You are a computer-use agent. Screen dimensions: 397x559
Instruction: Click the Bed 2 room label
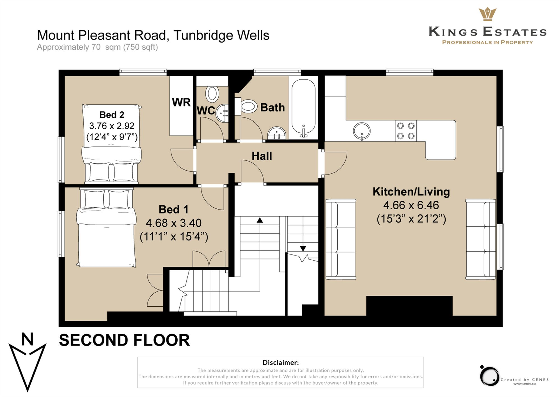(x=112, y=115)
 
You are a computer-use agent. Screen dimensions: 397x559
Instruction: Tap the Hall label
(x=262, y=156)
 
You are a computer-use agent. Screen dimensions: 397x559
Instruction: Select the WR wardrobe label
(x=181, y=102)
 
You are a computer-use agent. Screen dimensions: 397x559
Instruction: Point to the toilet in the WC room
(x=212, y=94)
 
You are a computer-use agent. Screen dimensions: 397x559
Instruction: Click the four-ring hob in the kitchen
(x=406, y=131)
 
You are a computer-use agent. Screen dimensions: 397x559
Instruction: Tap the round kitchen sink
(x=362, y=131)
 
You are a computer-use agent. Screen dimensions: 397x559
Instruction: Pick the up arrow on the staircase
(x=260, y=221)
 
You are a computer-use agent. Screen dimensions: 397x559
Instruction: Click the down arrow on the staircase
(x=303, y=248)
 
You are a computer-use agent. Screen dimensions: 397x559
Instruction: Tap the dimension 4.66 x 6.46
(x=411, y=205)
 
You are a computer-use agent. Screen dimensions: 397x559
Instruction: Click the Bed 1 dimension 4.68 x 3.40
(x=173, y=223)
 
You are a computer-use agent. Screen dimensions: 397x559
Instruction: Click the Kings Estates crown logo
(x=487, y=14)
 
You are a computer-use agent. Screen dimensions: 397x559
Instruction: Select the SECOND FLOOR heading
(x=124, y=340)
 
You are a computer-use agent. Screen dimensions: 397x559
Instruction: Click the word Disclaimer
(x=280, y=362)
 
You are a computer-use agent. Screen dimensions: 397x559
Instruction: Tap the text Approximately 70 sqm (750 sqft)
(x=97, y=47)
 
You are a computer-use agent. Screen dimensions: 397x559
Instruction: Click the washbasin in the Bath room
(x=277, y=133)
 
